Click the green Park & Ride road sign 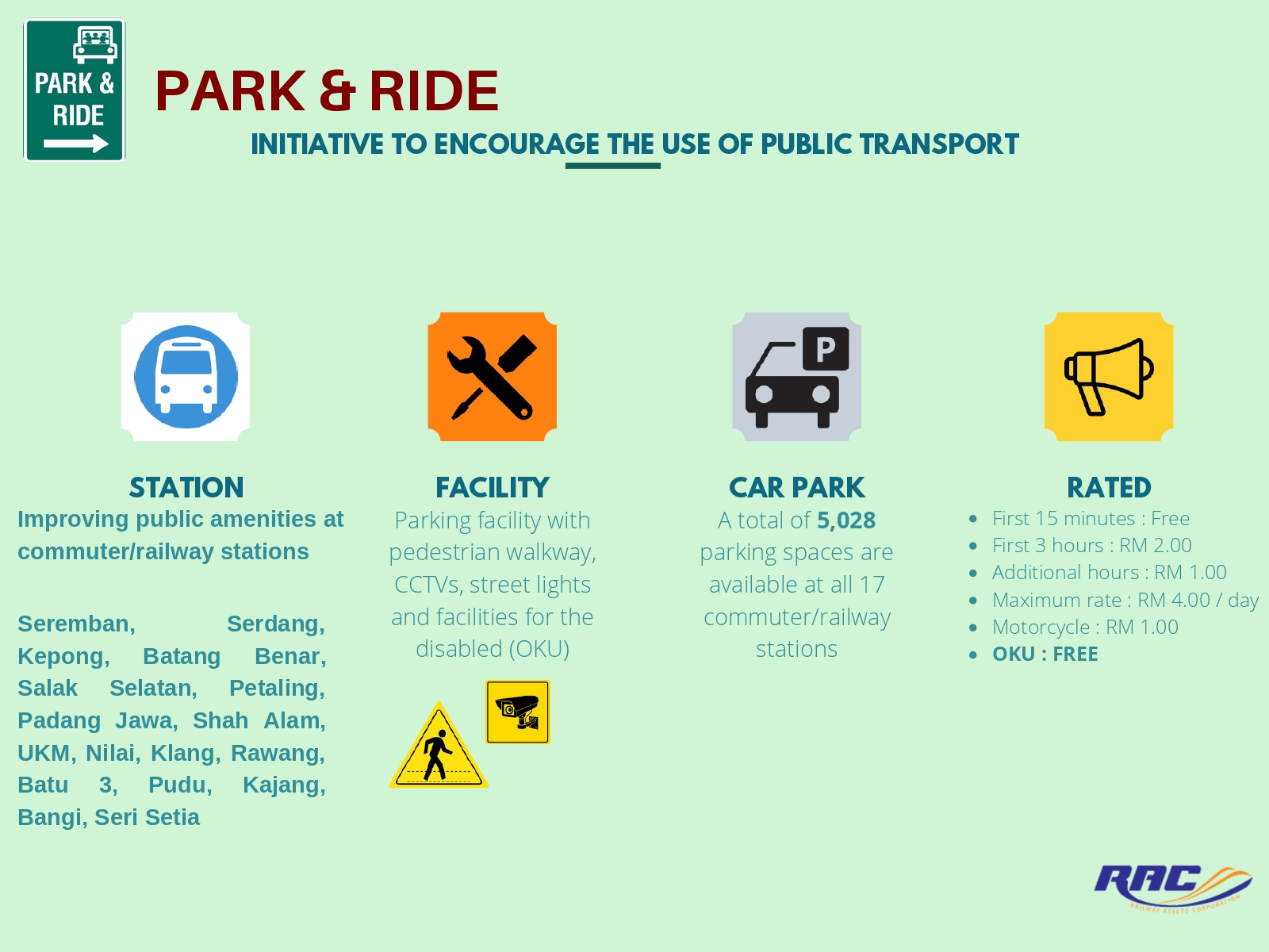point(75,90)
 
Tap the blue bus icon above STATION point(186,377)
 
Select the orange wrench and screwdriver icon point(492,377)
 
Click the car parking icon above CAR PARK point(796,377)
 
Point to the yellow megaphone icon point(1108,377)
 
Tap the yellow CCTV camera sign point(517,712)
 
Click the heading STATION point(186,487)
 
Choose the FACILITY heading point(492,487)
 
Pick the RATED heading point(1109,487)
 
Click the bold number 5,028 point(846,520)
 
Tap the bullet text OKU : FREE point(1045,654)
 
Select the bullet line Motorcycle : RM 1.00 point(1084,627)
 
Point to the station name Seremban point(76,624)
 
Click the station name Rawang point(278,753)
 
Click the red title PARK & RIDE point(326,90)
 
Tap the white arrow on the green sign point(75,144)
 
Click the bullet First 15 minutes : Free point(1090,519)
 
